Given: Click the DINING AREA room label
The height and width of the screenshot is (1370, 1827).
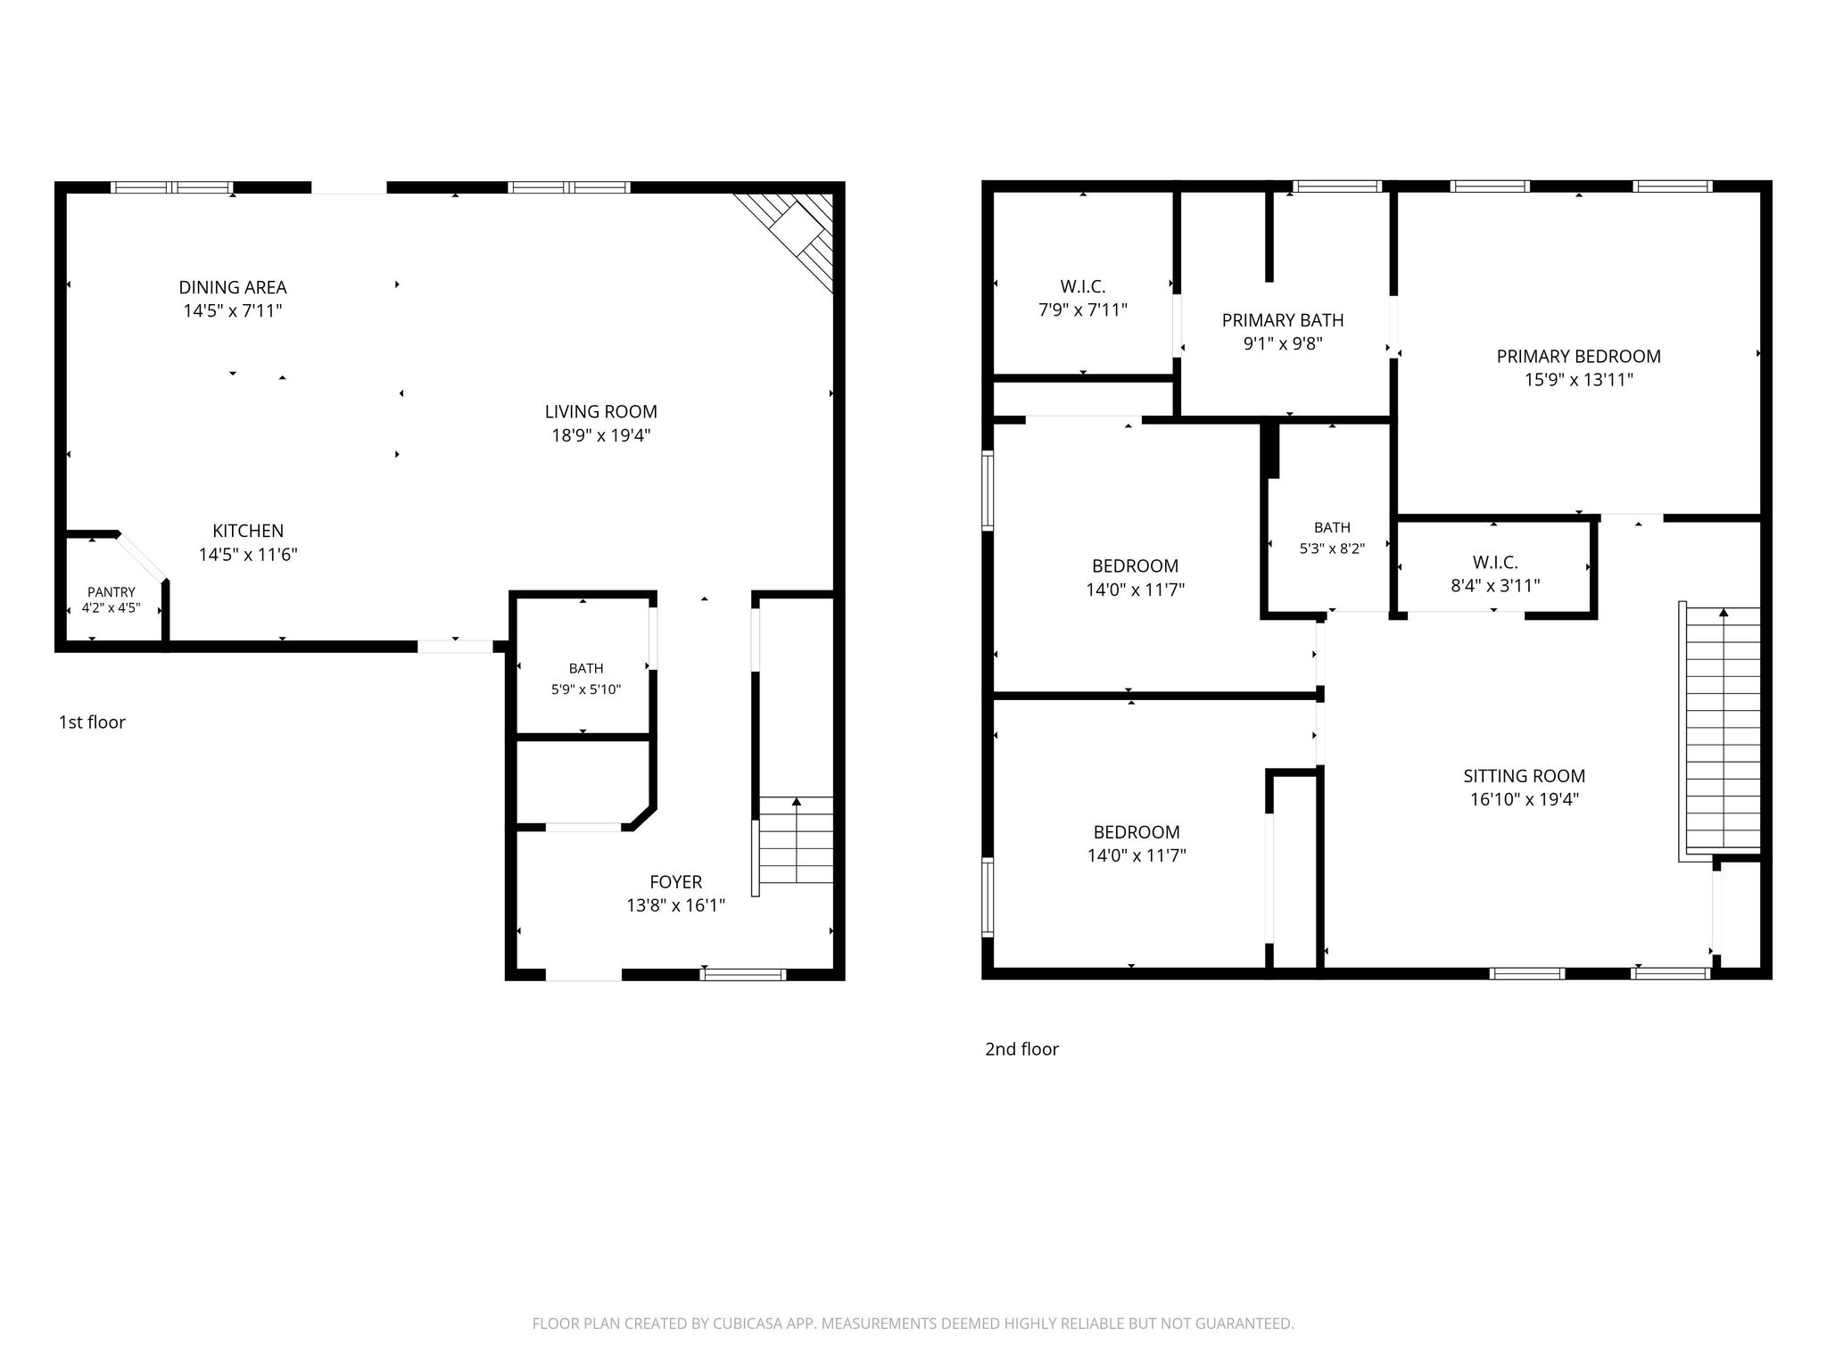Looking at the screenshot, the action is pos(233,287).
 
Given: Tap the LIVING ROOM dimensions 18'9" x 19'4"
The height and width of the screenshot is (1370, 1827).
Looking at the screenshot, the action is pos(600,435).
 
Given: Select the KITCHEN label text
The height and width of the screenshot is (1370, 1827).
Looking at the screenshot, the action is pos(248,531).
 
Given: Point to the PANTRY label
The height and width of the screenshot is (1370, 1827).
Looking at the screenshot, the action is pos(112,592).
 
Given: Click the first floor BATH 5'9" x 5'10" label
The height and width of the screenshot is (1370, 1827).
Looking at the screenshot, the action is pos(586,679).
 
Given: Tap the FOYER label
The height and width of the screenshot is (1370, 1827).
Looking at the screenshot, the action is pos(675,882).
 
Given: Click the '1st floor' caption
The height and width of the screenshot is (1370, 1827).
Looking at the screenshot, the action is pos(92,722).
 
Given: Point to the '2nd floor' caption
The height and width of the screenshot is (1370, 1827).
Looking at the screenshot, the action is pos(1021,1049).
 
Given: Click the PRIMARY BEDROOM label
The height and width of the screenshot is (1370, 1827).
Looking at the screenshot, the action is pos(1578,357).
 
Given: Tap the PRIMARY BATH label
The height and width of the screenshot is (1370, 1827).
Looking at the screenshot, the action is pos(1283,320).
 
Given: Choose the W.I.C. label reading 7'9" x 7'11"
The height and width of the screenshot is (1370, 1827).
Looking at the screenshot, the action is pos(1083,299).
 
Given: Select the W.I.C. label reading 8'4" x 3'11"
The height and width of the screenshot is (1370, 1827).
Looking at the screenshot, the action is pos(1495,574).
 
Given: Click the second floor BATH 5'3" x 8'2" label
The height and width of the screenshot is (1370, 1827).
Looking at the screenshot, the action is pos(1332,538).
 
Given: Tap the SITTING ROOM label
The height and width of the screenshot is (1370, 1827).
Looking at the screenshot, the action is pos(1524,776).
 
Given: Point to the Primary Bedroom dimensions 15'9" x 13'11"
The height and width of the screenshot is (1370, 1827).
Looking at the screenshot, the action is pos(1578,380).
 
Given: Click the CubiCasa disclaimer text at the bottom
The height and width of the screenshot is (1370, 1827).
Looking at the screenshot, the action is pos(913,1324).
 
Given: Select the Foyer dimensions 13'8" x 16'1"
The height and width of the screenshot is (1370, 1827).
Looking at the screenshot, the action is pos(675,906).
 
